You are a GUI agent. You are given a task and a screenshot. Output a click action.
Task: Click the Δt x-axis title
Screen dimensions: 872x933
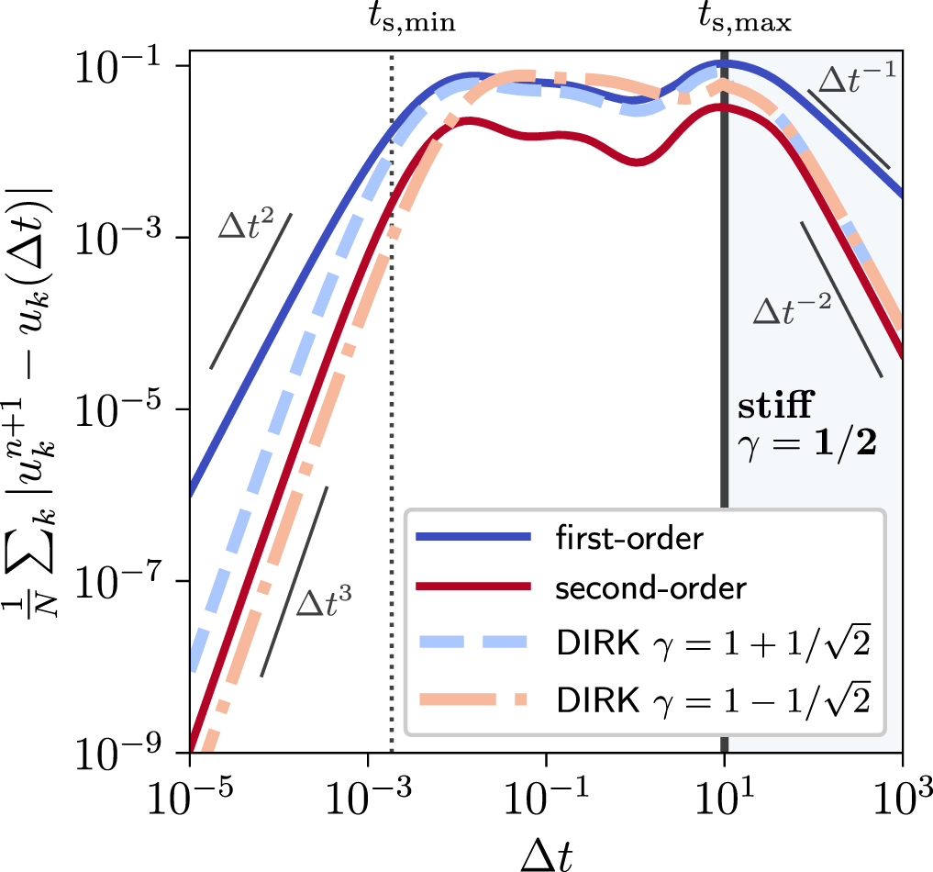547,846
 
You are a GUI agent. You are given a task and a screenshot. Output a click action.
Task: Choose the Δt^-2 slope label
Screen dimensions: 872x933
791,307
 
